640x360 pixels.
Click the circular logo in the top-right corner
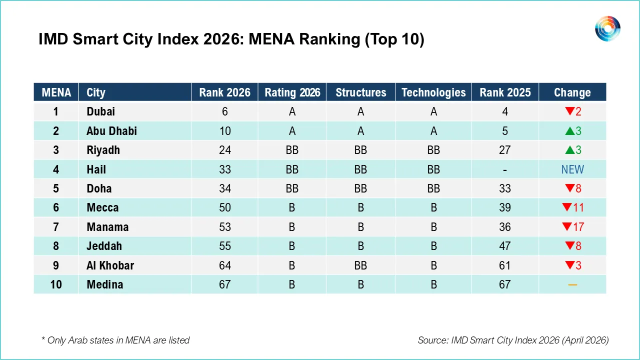pos(607,28)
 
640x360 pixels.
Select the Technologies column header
pos(433,92)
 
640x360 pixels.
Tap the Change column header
pos(572,92)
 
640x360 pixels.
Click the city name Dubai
pos(100,111)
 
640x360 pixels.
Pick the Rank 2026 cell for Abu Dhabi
pos(225,131)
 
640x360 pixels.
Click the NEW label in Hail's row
pos(572,169)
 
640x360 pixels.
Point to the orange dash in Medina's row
pos(572,285)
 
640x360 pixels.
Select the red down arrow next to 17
pos(566,227)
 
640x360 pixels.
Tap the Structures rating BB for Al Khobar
pos(360,265)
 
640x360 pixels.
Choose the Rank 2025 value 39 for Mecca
pos(505,207)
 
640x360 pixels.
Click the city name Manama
pos(107,227)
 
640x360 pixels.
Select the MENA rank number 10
pos(56,284)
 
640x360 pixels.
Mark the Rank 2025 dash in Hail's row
pos(505,170)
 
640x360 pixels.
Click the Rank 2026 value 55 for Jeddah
pos(225,246)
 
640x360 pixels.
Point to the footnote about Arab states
pos(115,340)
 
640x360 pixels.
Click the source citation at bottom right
pos(513,340)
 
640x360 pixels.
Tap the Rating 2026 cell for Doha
pos(292,188)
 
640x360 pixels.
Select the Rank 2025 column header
pos(505,92)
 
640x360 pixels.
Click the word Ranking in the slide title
pos(329,39)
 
